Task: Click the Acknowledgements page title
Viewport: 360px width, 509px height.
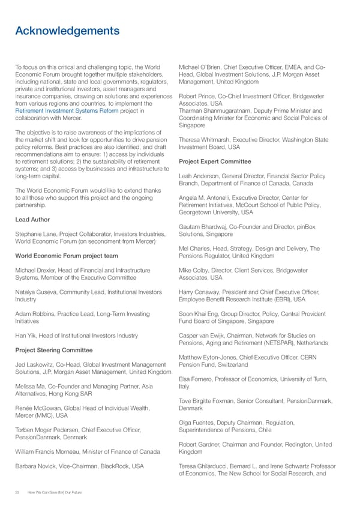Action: (x=67, y=31)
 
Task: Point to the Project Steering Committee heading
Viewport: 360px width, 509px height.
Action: (x=55, y=350)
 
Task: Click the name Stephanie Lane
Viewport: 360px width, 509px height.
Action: (x=34, y=233)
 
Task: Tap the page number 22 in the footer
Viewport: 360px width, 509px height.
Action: (x=18, y=492)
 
